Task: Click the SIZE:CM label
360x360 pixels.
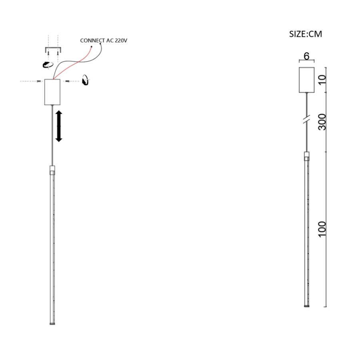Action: (305, 34)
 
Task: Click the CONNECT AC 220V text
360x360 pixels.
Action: (104, 40)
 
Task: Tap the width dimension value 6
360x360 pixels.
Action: (306, 56)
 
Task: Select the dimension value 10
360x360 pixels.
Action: (322, 80)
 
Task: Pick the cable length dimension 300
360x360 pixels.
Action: (322, 122)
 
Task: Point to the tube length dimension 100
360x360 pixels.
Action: (322, 229)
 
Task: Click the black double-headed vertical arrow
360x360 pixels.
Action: (59, 126)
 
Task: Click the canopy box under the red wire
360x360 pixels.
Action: (52, 92)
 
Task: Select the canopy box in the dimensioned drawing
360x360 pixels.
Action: (306, 80)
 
